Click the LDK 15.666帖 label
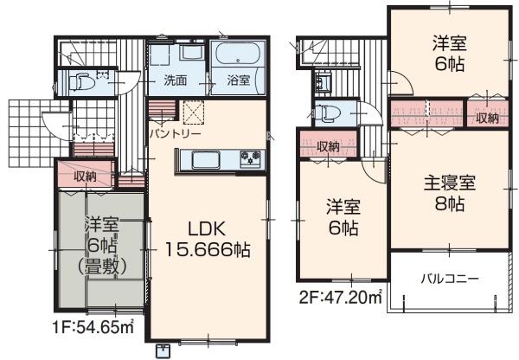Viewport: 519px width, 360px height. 208,239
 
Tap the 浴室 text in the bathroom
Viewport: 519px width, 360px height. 239,80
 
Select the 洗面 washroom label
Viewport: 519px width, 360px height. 176,80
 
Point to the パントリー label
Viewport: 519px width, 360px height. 175,134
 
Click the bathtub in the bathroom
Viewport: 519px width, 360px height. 238,54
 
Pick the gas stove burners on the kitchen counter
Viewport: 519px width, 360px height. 252,157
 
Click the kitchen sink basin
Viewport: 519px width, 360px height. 206,160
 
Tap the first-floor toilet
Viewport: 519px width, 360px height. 82,82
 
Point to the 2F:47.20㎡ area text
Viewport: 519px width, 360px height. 341,298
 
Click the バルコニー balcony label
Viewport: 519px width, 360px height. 450,279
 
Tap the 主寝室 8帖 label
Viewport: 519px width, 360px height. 450,194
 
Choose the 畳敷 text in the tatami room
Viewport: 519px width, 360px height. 102,267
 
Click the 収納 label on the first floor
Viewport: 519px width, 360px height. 85,177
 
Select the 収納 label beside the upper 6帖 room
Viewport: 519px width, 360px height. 487,118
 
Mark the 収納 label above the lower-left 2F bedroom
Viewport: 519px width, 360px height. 329,146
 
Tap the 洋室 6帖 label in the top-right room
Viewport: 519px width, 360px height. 450,54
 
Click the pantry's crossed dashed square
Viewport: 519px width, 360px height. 194,112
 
